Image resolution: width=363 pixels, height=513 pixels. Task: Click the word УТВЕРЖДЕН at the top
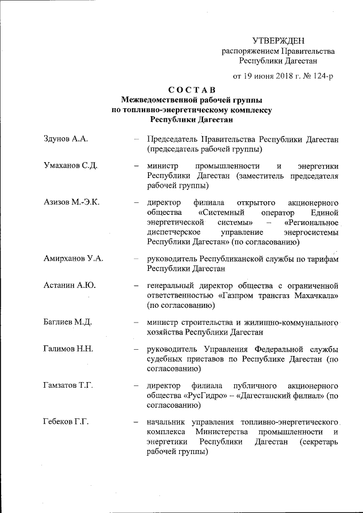[x=278, y=40]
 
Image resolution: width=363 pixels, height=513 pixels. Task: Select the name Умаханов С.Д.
[x=71, y=166]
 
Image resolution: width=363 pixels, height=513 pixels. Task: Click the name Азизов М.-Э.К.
[x=71, y=202]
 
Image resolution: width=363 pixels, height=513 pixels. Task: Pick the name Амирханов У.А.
[x=73, y=259]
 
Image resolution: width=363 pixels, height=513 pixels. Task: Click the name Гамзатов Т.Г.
[x=69, y=385]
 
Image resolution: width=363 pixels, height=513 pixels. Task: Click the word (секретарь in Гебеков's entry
[x=315, y=442]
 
